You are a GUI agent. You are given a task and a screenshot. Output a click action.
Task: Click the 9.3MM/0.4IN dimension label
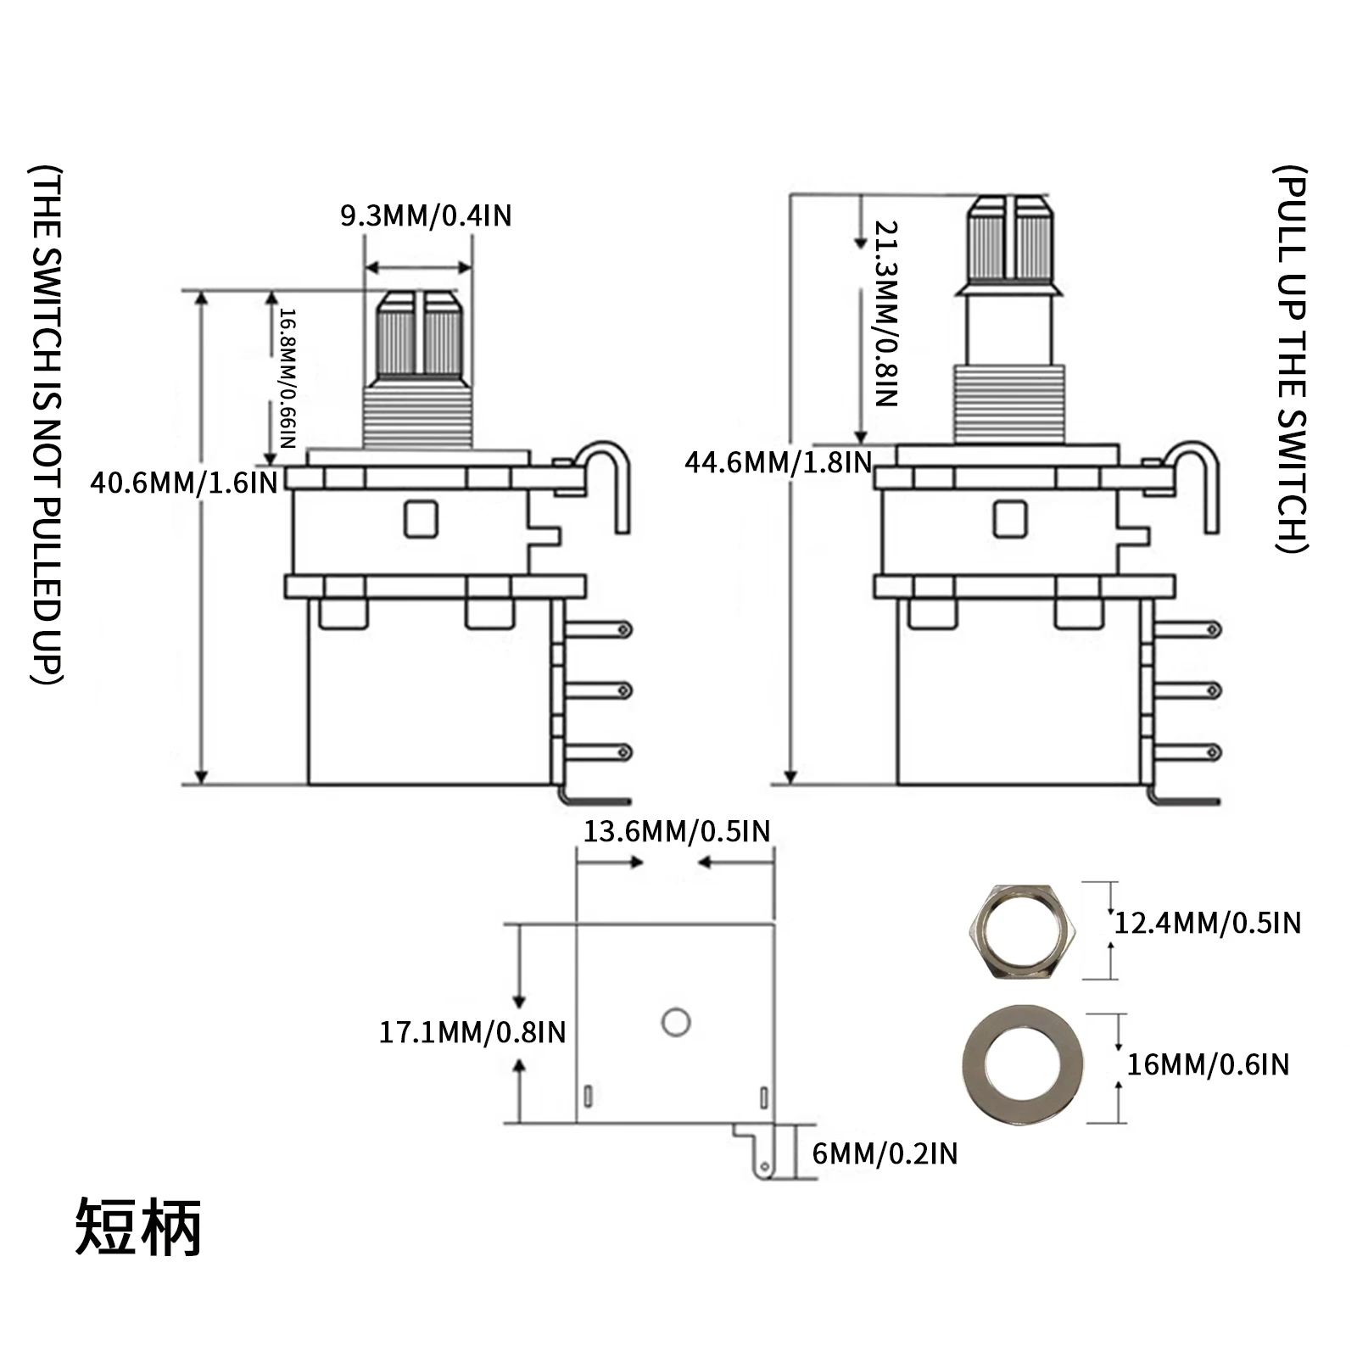(426, 216)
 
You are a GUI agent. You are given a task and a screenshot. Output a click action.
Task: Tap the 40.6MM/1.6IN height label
(184, 483)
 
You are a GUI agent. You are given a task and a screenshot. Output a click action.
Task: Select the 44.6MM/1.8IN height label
(778, 463)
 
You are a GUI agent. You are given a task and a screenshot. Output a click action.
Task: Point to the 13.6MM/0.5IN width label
(676, 831)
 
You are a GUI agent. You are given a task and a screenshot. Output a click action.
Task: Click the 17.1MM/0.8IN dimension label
(472, 1032)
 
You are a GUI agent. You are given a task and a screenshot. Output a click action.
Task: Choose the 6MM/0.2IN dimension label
(885, 1153)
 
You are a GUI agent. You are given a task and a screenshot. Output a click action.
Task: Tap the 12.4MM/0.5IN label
(1207, 923)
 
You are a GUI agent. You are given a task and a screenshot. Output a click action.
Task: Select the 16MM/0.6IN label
(1207, 1064)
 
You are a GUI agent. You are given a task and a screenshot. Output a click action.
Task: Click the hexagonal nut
(1021, 931)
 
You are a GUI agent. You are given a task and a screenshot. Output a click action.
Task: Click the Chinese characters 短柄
(139, 1227)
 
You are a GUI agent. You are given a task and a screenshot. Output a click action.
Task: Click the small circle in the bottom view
(676, 1022)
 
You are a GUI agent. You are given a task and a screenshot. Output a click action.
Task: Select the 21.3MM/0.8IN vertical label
(885, 314)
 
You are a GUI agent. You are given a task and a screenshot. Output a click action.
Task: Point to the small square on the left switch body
(421, 519)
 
